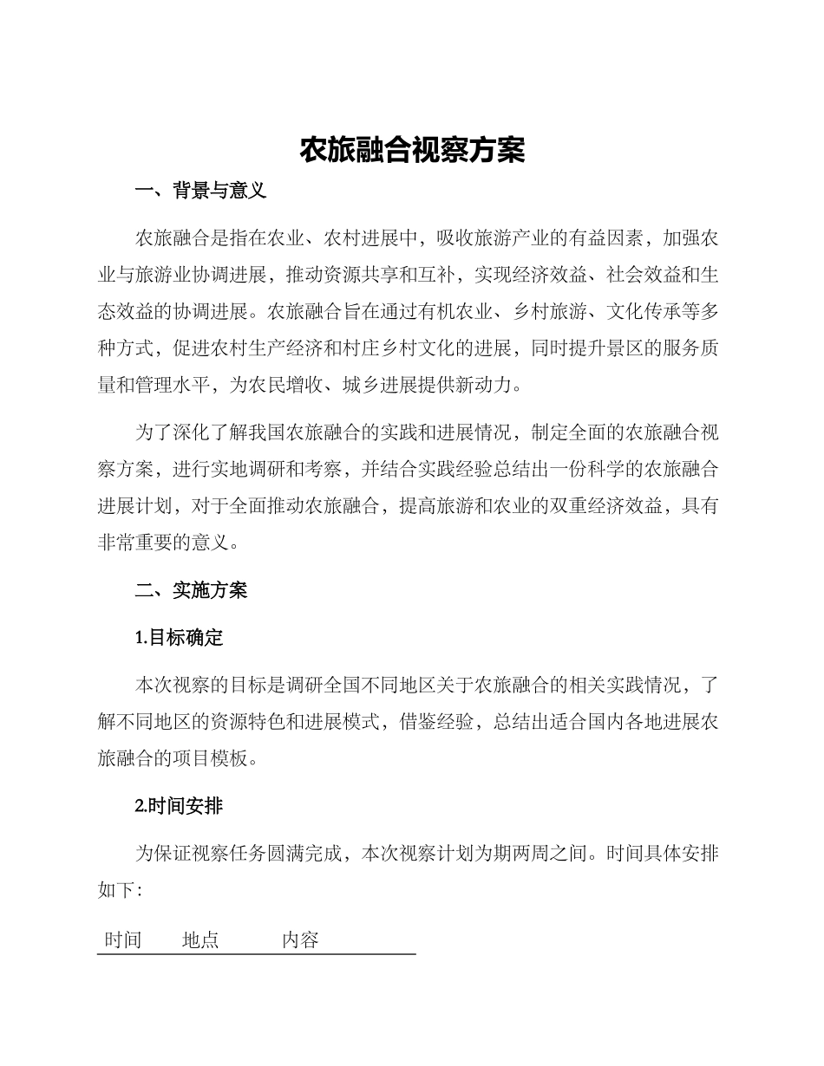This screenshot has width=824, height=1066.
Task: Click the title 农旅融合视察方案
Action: point(412,150)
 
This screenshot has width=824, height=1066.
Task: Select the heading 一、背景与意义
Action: point(201,192)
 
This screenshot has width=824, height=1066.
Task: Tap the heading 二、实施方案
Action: point(192,590)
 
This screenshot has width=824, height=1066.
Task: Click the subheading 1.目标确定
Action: point(180,638)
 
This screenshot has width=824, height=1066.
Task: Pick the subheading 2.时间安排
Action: point(180,806)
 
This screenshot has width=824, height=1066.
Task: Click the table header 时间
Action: point(123,940)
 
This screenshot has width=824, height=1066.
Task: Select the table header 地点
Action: point(200,940)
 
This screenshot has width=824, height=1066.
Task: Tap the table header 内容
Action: point(300,940)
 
